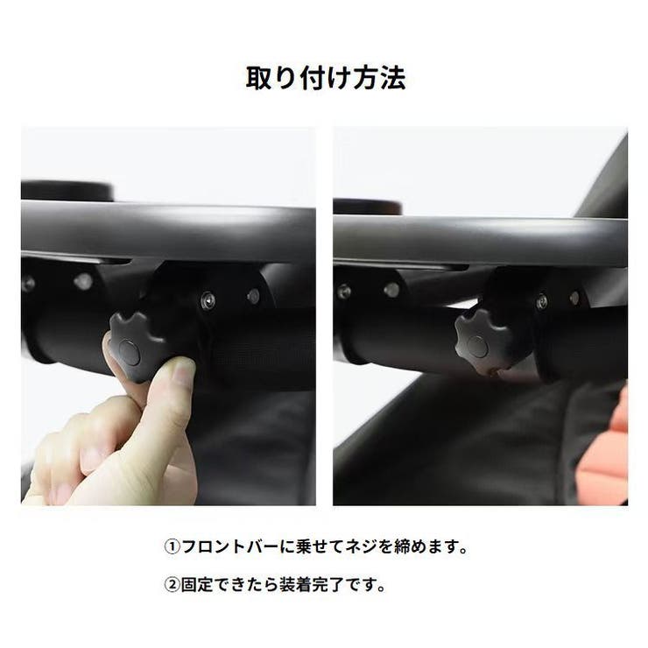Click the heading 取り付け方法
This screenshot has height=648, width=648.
323,79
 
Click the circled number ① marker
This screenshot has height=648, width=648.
173,548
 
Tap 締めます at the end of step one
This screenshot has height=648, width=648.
423,548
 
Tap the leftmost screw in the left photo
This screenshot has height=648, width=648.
29,284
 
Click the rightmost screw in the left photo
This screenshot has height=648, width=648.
254,296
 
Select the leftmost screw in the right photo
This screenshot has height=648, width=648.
343,291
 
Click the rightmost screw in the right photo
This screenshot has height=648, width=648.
574,299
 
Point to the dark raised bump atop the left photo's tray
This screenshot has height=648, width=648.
66,190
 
